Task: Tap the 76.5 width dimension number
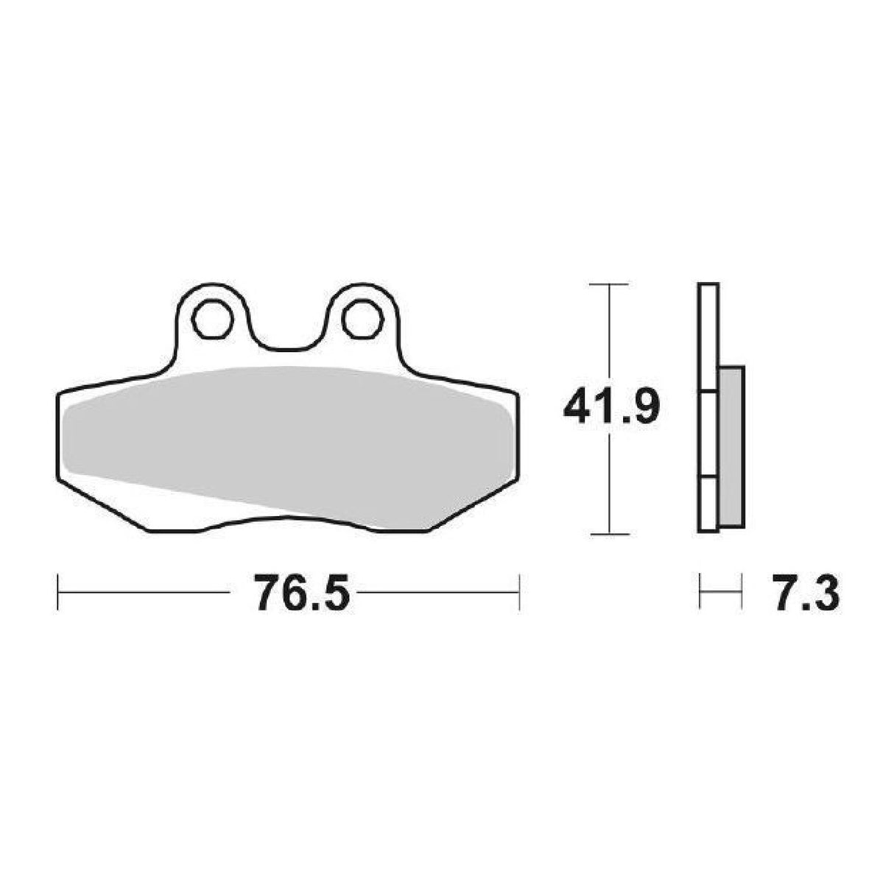point(301,592)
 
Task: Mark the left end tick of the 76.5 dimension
point(57,592)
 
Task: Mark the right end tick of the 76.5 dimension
point(519,592)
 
